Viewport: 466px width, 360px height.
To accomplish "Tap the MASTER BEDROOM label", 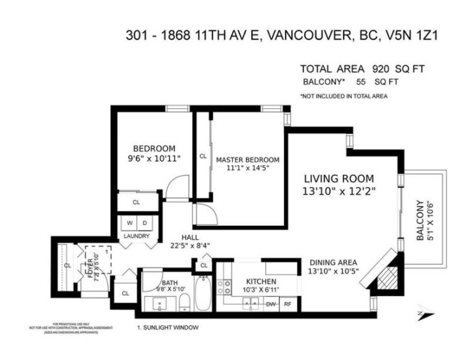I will [247, 160].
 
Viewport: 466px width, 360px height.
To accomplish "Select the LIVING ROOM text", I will [339, 178].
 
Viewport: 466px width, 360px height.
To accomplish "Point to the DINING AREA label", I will [335, 261].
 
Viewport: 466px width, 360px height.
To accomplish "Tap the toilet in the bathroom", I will [183, 300].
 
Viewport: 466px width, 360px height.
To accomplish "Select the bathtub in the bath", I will [202, 292].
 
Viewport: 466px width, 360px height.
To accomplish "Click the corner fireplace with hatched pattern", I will [385, 272].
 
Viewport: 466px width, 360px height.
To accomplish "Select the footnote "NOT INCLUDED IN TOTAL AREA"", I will [343, 96].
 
